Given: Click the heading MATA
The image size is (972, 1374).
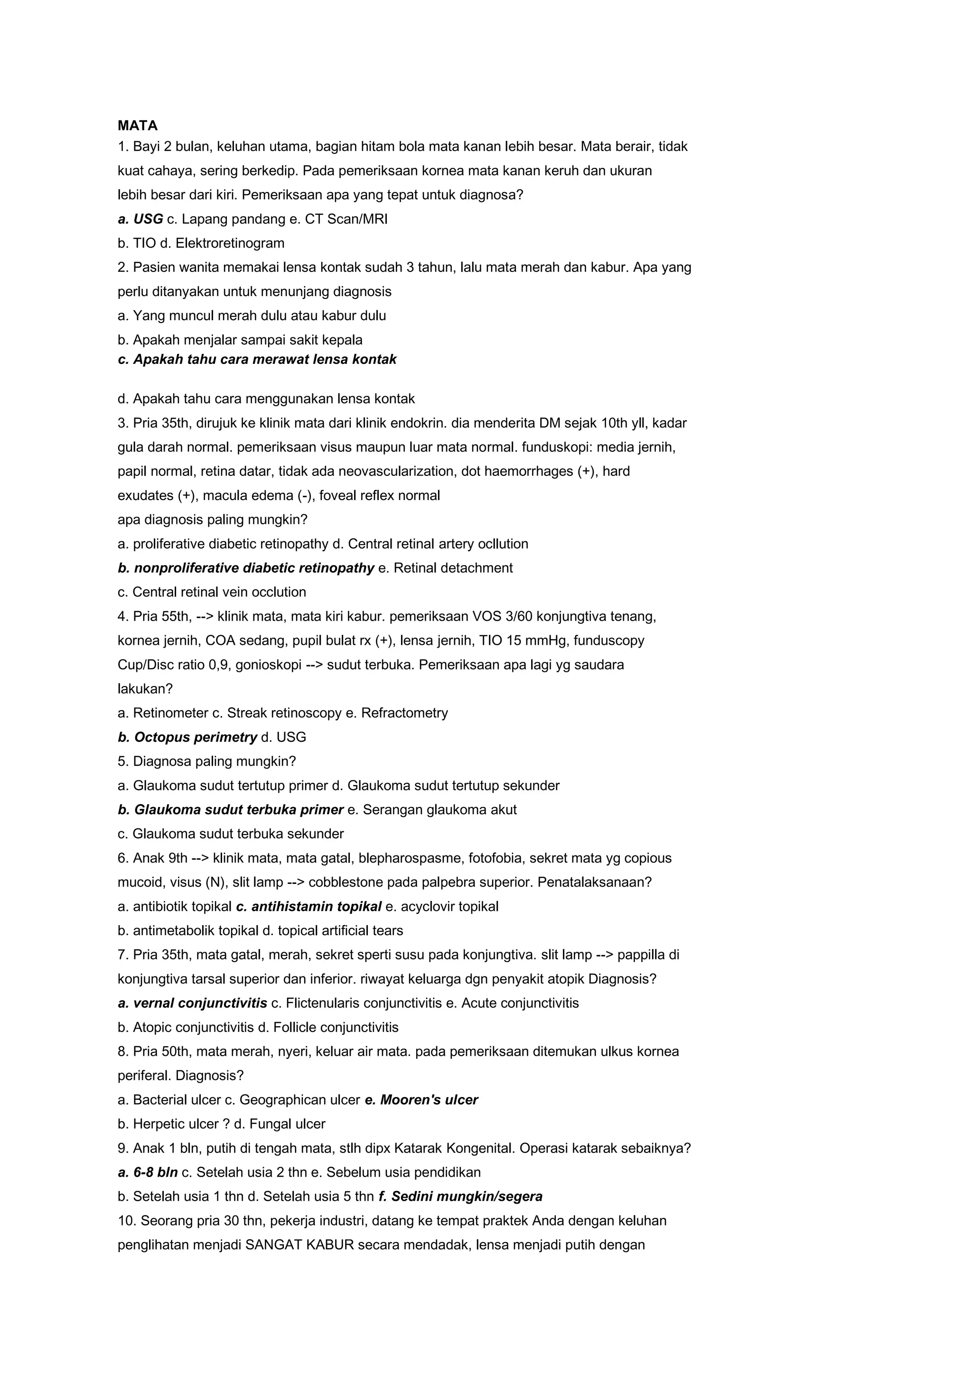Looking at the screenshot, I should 138,126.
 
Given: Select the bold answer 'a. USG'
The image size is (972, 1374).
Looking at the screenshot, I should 140,219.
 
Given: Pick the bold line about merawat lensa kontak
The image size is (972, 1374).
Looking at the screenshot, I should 257,359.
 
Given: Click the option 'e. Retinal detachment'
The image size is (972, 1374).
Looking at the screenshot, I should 446,568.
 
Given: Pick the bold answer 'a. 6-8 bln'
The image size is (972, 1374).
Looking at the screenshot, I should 148,1172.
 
